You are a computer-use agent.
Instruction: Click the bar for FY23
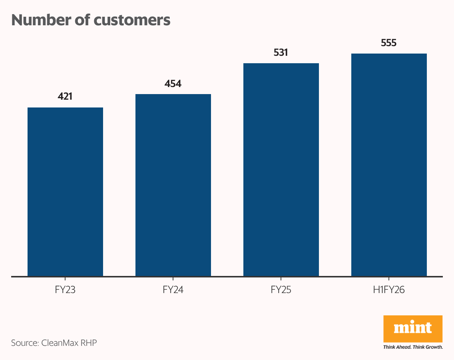(65, 192)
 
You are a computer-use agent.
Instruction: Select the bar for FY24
(173, 185)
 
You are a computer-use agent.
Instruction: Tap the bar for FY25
(281, 170)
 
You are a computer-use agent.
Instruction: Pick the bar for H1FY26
(389, 165)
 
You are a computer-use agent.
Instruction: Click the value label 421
(65, 97)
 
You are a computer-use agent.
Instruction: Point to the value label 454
(173, 83)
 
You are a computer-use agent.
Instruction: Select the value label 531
(281, 52)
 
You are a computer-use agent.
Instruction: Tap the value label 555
(389, 43)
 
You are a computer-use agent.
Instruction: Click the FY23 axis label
(65, 290)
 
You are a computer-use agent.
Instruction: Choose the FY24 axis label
(173, 290)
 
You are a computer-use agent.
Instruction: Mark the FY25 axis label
(281, 290)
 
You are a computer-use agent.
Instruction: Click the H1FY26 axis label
(389, 290)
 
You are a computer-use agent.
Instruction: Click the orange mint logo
(413, 329)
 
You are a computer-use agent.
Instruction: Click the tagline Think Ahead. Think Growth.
(413, 347)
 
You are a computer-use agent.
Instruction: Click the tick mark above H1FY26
(389, 279)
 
